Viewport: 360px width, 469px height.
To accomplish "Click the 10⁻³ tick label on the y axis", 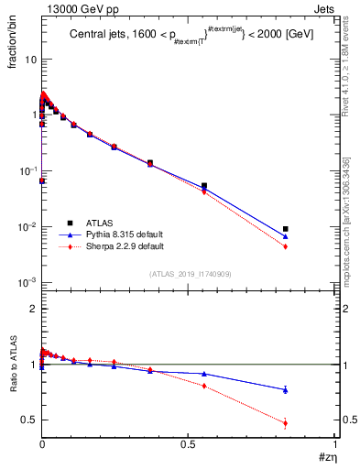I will click(x=25, y=283).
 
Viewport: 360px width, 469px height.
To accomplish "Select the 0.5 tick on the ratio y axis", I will click(x=27, y=420).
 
